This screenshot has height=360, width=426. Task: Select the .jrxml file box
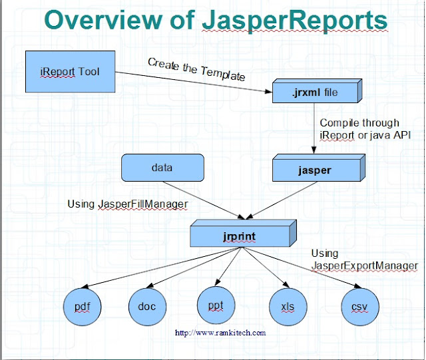(x=314, y=92)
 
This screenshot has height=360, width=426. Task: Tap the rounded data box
(x=162, y=168)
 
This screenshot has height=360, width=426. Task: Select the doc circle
(x=146, y=306)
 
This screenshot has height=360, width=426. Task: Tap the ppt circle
(x=216, y=305)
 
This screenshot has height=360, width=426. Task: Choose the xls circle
(x=288, y=306)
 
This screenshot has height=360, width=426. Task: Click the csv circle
(x=359, y=306)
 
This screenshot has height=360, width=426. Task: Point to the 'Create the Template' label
(x=196, y=69)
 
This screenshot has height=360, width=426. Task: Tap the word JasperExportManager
(x=364, y=266)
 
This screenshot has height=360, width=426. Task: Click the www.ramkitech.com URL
(x=220, y=332)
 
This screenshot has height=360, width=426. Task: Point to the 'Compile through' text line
(x=359, y=122)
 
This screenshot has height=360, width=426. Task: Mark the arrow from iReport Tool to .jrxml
(x=193, y=79)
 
